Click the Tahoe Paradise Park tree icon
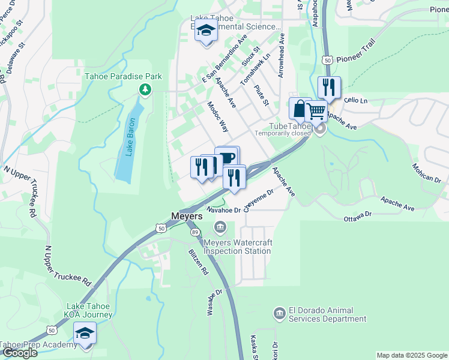pyautogui.click(x=144, y=90)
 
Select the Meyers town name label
pyautogui.click(x=187, y=215)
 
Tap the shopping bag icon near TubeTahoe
pyautogui.click(x=300, y=109)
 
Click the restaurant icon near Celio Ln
pyautogui.click(x=328, y=88)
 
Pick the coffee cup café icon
pyautogui.click(x=228, y=158)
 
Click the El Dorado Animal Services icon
pyautogui.click(x=279, y=314)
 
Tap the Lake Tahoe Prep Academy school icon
pyautogui.click(x=85, y=334)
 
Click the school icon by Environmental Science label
pyautogui.click(x=206, y=32)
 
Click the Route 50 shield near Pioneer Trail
pyautogui.click(x=327, y=61)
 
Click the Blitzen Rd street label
pyautogui.click(x=197, y=262)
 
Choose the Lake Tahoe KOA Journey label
pyautogui.click(x=88, y=310)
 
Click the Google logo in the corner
pyautogui.click(x=19, y=353)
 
